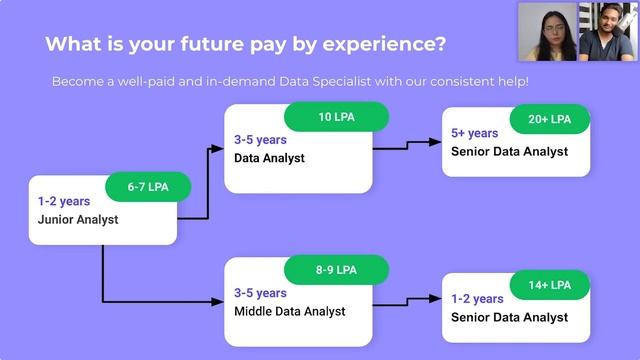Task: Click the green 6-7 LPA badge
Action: pos(147,187)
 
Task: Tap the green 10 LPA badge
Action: pos(337,117)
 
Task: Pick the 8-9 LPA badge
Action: pos(336,269)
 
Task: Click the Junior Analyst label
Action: pos(78,219)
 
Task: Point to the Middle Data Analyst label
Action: pos(290,311)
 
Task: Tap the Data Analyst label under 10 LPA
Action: pos(269,158)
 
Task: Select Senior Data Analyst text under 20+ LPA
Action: pos(509,151)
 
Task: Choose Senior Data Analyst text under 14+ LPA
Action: pos(509,317)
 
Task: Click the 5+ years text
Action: pos(475,133)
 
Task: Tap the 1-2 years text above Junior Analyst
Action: pos(64,201)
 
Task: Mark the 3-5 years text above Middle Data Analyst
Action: pos(260,293)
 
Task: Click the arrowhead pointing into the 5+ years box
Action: pos(435,143)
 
